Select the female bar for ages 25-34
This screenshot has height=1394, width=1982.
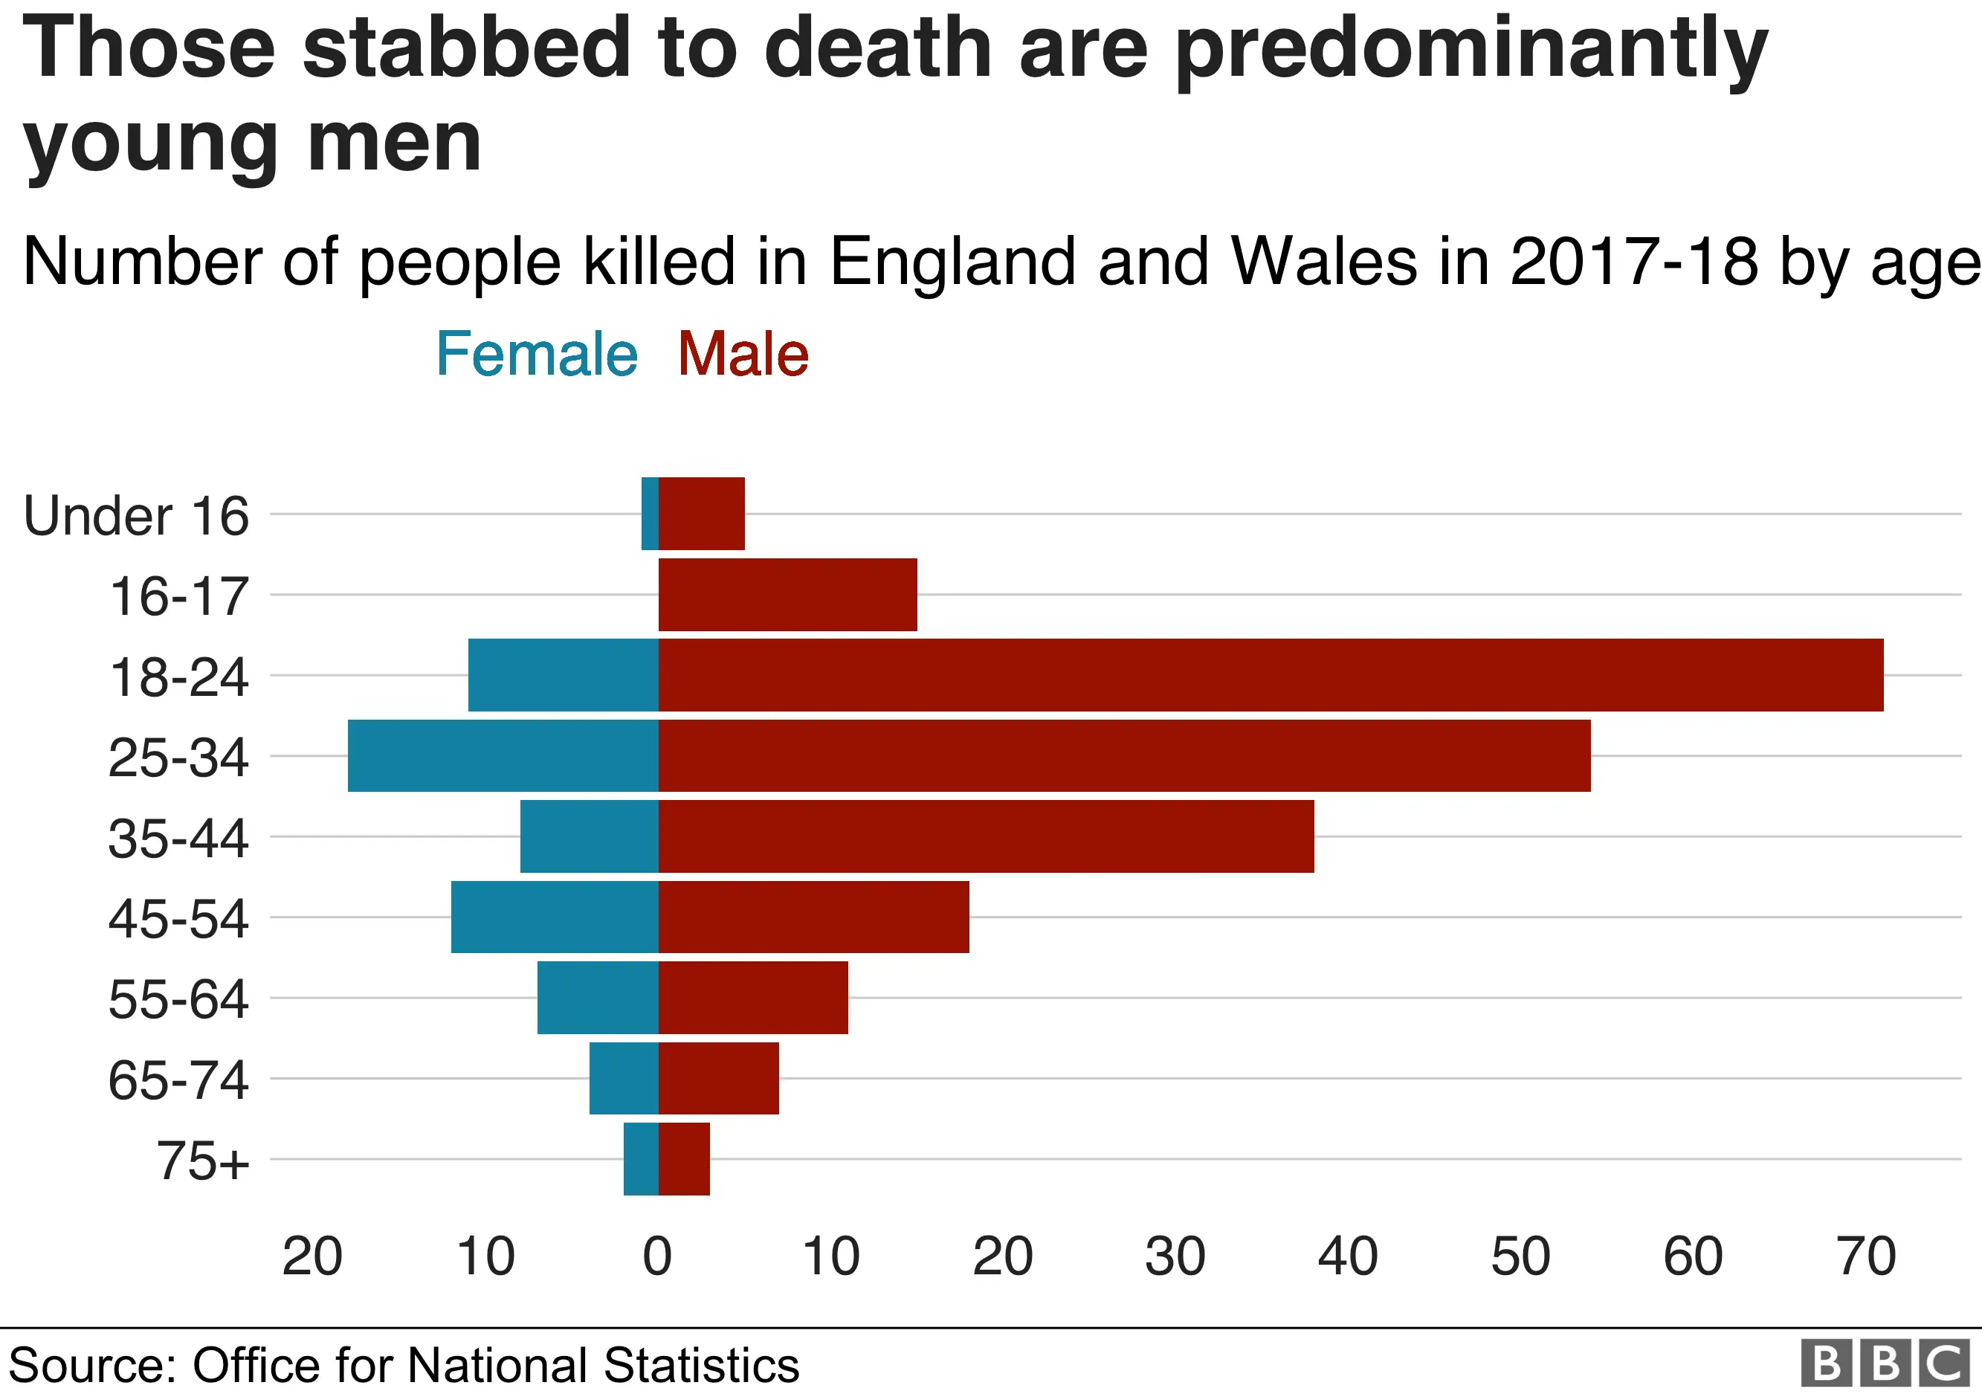tap(503, 755)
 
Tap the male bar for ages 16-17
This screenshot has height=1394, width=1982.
tap(787, 595)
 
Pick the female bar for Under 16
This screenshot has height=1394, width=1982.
tap(650, 514)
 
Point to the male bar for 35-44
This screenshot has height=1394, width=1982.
tap(986, 836)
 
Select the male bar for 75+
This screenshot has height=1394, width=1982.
tap(684, 1159)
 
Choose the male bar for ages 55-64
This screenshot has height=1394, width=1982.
tap(753, 998)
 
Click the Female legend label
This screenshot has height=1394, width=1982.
tap(536, 355)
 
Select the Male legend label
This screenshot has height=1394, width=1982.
tap(743, 355)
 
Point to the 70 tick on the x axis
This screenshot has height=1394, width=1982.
tap(1866, 1256)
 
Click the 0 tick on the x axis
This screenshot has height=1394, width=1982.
tap(658, 1256)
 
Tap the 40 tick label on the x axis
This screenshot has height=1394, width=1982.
tap(1349, 1256)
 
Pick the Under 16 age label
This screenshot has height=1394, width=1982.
tap(136, 516)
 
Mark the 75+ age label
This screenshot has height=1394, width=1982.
tap(203, 1161)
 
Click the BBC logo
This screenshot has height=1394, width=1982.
tap(1885, 1364)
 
